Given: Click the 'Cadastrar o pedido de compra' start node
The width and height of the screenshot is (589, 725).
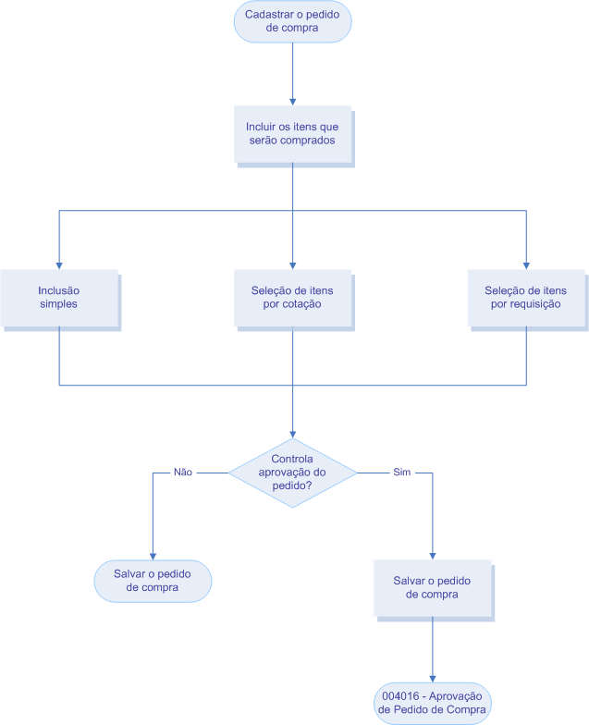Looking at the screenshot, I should pos(292,21).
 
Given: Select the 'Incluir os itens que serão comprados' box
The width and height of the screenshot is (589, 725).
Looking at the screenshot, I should pos(291,133).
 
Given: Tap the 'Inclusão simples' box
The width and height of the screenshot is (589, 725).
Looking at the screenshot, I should pos(58,297).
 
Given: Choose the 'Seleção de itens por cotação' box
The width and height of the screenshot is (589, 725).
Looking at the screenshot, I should pos(291,297).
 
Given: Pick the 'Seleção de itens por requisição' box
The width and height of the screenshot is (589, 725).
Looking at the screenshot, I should pos(525,297).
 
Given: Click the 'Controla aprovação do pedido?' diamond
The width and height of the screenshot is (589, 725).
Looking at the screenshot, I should pos(292,473).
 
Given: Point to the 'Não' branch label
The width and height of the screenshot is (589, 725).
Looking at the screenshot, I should pos(183,472).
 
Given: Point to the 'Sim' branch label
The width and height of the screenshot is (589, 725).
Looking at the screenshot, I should pos(402,472).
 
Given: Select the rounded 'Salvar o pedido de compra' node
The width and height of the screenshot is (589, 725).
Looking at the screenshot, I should pos(153,580).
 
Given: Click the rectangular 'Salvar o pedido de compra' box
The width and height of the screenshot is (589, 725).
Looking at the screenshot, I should pos(432,587).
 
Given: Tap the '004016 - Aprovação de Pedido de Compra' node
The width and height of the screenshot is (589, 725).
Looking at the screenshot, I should pos(432,703).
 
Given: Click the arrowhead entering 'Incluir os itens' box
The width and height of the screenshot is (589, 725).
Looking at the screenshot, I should pos(292,101).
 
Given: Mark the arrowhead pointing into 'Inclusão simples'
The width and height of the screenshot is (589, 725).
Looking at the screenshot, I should pos(59,264).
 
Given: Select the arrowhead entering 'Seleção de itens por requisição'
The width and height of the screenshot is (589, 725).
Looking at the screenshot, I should pos(526,264).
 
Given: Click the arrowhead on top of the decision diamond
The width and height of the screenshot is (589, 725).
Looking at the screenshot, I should pos(292,434).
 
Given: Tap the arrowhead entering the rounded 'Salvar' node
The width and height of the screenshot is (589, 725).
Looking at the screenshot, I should pos(153,554).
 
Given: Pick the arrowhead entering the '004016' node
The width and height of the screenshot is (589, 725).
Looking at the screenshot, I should pos(432,679).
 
